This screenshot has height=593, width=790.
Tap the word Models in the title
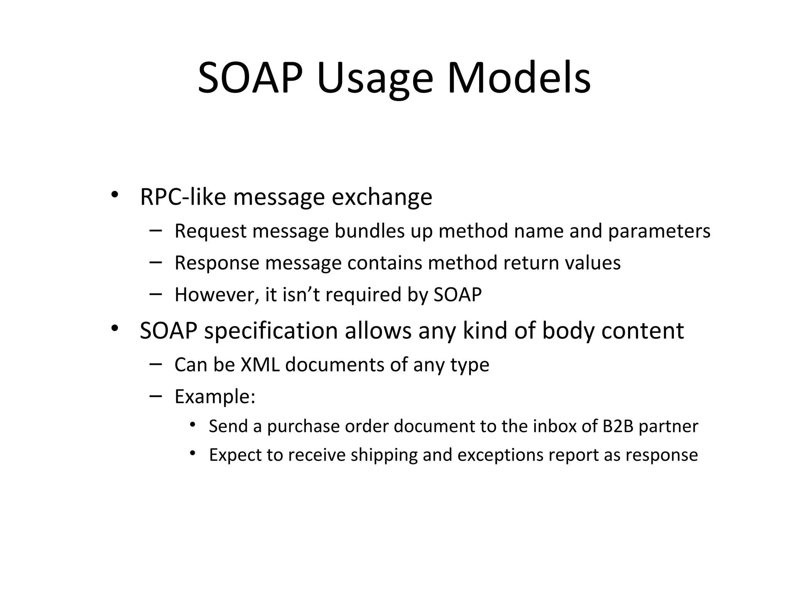point(519,79)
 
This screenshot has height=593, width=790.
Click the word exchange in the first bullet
point(382,197)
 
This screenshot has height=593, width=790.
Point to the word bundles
point(369,231)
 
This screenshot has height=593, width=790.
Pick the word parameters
point(659,231)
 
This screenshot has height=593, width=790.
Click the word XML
point(260,365)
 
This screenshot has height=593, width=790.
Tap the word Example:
point(215,396)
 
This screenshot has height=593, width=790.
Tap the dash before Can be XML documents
point(155,364)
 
